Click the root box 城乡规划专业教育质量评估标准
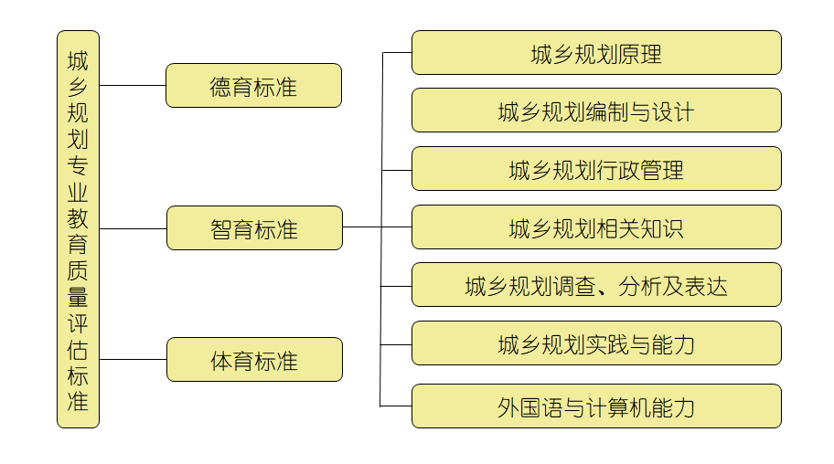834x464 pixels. pos(78,229)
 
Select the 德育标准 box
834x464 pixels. pos(253,86)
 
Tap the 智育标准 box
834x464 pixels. pos(253,228)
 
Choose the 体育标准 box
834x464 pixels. pos(253,360)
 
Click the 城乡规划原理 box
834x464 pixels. pos(596,53)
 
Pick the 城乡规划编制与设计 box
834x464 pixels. pos(596,111)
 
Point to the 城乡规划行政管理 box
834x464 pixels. pos(596,169)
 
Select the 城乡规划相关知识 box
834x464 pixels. pos(596,227)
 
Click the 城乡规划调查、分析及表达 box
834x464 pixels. pos(596,285)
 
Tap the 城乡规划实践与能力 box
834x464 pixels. pos(596,343)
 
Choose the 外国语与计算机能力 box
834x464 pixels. pos(596,406)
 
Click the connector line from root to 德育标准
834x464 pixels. pos(133,85)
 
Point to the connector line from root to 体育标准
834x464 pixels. pos(133,359)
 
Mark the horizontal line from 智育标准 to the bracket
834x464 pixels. pos(361,227)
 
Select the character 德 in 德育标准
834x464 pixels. pos(220,87)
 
